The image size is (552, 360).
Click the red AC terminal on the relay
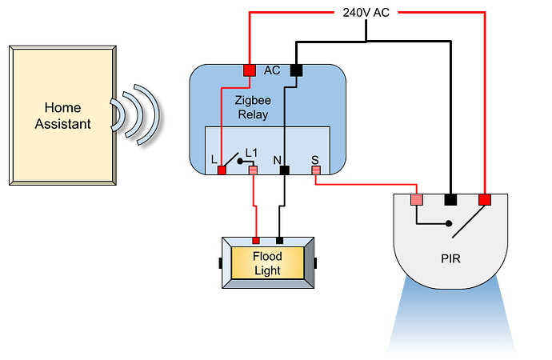(x=249, y=71)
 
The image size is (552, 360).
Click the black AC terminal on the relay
(x=294, y=71)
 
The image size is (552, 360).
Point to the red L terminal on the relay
(x=222, y=170)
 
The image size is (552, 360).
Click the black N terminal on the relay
(x=284, y=170)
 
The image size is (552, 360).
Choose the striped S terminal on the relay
(x=316, y=170)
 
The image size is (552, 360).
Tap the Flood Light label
(x=266, y=263)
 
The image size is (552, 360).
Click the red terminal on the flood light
(x=256, y=240)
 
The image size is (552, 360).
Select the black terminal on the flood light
(x=278, y=240)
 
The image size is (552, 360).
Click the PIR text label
(x=450, y=259)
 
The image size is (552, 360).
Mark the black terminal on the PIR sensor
(x=450, y=199)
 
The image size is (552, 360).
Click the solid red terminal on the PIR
(x=484, y=199)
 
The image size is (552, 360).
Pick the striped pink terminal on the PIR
(x=416, y=199)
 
